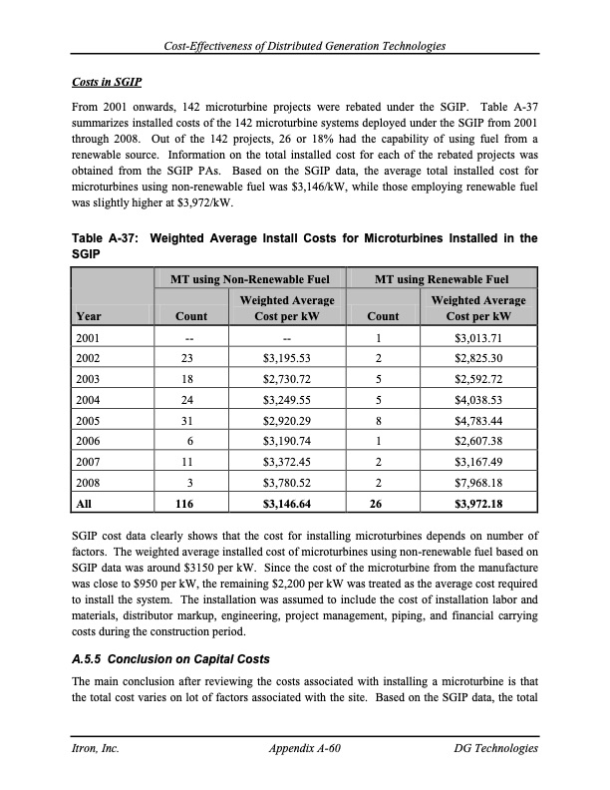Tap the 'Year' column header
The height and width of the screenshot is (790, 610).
tap(90, 316)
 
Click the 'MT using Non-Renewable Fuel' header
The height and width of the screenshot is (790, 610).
tap(245, 278)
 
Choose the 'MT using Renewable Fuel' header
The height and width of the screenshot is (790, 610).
tap(440, 278)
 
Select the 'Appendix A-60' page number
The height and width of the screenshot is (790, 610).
tap(306, 748)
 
